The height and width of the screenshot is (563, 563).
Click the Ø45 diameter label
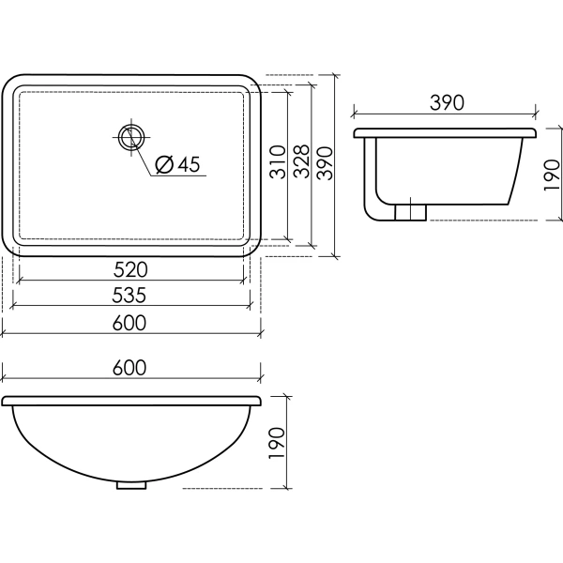pyautogui.click(x=175, y=164)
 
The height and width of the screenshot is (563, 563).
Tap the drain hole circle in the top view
pyautogui.click(x=130, y=137)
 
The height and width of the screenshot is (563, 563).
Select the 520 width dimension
pyautogui.click(x=131, y=270)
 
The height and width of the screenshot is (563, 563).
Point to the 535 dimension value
pyautogui.click(x=131, y=296)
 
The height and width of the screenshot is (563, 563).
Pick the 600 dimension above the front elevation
pyautogui.click(x=131, y=369)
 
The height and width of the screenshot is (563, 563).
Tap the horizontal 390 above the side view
pyautogui.click(x=446, y=104)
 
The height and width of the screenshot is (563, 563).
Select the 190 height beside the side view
pyautogui.click(x=551, y=175)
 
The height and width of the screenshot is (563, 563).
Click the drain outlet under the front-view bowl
pyautogui.click(x=131, y=485)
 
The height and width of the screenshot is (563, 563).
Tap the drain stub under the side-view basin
pyautogui.click(x=409, y=212)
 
